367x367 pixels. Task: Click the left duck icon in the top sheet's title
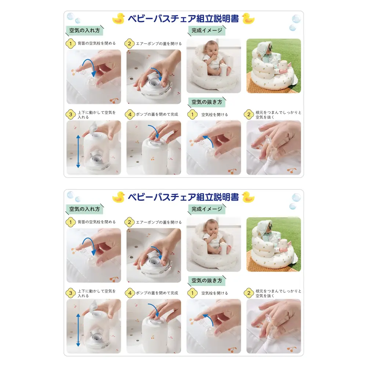click(x=119, y=19)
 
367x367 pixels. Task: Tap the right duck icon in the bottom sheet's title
click(x=248, y=197)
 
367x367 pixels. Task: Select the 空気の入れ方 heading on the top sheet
click(x=84, y=30)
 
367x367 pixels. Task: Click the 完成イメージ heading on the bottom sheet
click(x=207, y=209)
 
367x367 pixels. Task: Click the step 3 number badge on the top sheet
click(x=70, y=115)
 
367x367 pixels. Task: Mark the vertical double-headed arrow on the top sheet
click(x=78, y=151)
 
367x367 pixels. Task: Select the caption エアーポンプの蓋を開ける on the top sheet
click(x=159, y=44)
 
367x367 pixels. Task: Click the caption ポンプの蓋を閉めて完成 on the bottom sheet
click(x=157, y=293)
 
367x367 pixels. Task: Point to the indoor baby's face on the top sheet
click(x=212, y=48)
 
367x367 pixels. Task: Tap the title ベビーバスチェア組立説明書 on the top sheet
click(x=183, y=19)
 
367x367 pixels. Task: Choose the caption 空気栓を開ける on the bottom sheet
click(x=214, y=293)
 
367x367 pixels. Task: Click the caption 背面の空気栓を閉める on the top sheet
click(x=97, y=44)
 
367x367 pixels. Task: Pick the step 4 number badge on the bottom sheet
click(x=129, y=293)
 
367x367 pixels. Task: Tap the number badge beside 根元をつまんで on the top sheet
click(x=249, y=115)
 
